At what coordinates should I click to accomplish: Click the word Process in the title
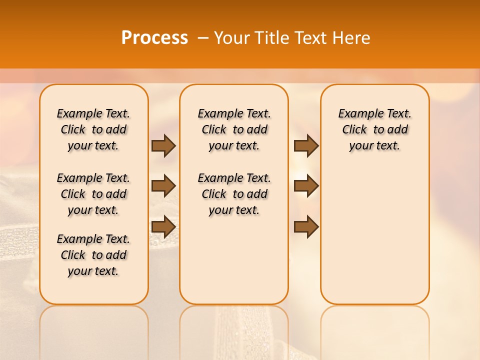[154, 38]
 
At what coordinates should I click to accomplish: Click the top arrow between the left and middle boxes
[163, 145]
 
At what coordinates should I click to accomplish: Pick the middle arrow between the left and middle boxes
[163, 186]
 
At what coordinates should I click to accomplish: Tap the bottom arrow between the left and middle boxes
[163, 226]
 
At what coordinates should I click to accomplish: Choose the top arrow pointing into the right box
[306, 145]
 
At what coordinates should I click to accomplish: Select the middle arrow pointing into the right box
[306, 186]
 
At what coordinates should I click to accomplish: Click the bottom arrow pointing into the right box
[306, 226]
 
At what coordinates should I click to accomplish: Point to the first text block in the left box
[93, 129]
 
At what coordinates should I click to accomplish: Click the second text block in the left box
[93, 194]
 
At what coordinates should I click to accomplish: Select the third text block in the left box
[93, 255]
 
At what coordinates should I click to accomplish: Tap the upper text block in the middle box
[234, 129]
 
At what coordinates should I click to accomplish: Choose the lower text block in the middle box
[234, 194]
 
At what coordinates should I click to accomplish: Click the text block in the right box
[375, 129]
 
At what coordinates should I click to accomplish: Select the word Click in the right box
[354, 130]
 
